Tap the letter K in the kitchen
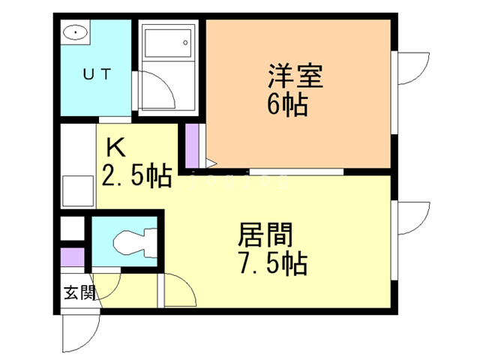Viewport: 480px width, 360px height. tap(115, 145)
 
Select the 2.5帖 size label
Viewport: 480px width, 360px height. tap(133, 178)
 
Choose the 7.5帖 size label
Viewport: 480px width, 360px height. tap(268, 264)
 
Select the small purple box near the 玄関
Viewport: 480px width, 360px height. tap(73, 256)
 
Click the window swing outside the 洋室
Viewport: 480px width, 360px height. tap(409, 71)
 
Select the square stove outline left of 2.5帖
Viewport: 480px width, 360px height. tap(76, 190)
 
